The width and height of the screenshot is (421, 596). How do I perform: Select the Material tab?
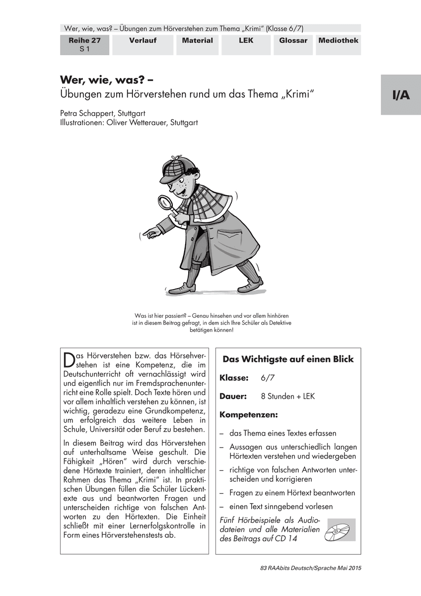coord(197,41)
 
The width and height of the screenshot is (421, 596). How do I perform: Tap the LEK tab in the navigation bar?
coord(245,41)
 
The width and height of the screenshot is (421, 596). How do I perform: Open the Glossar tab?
coord(293,41)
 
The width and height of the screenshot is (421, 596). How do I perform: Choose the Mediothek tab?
coord(339,41)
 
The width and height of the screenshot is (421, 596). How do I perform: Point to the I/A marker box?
coord(401,95)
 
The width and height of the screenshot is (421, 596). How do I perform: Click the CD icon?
coord(339,530)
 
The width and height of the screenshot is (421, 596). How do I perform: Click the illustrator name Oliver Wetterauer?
coord(129,123)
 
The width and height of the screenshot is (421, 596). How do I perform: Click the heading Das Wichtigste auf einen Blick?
coord(288,359)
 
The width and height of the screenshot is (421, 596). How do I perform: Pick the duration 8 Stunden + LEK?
coord(287,396)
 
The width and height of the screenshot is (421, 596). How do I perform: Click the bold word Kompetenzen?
coord(249,414)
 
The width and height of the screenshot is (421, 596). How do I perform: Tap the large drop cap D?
coord(69,359)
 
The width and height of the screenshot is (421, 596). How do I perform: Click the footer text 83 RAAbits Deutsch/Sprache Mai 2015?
coord(310,567)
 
